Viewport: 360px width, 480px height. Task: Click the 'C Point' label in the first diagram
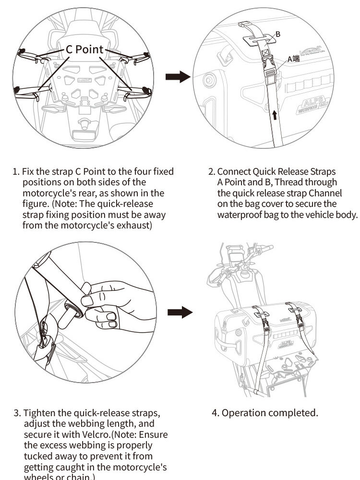[x=85, y=49]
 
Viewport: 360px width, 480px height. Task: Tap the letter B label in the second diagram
[x=278, y=34]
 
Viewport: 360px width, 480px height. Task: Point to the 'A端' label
[x=293, y=59]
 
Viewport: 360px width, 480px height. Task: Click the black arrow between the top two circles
[x=178, y=77]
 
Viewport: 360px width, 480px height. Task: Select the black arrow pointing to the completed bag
[x=180, y=312]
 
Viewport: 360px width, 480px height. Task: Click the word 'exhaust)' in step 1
[x=135, y=225]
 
